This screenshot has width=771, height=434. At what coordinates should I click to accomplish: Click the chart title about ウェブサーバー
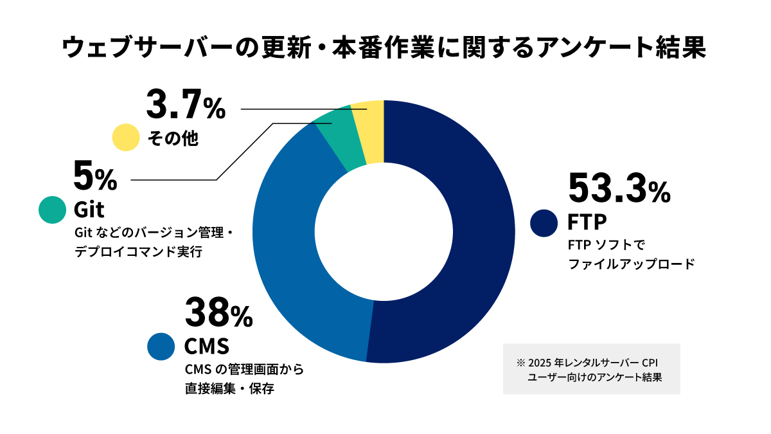coord(385,49)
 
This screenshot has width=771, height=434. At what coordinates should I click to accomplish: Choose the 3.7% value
coord(186,105)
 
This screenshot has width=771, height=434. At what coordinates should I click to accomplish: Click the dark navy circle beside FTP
coord(544,222)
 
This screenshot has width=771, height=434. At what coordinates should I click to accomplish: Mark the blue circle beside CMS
coord(161,346)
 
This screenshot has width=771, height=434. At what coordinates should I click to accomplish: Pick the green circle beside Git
coord(52,210)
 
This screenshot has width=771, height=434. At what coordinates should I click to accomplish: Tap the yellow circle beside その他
coord(126,138)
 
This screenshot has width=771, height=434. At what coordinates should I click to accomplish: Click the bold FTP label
coord(587,222)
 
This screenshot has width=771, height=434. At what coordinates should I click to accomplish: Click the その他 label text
coord(173,138)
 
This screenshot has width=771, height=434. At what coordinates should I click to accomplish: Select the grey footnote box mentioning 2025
coord(591,370)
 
